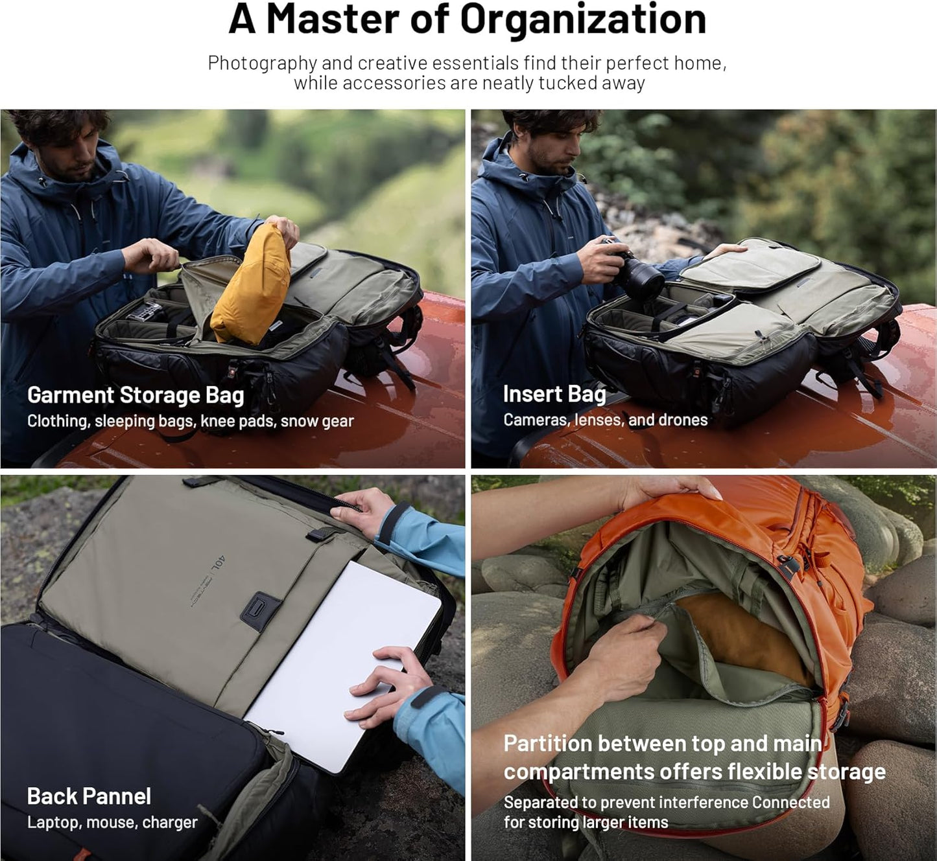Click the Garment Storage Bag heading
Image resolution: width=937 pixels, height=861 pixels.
136,395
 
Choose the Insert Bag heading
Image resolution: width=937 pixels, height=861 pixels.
554,394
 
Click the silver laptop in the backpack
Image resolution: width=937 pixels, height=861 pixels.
343,667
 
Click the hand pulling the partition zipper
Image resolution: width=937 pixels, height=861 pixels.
621,653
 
